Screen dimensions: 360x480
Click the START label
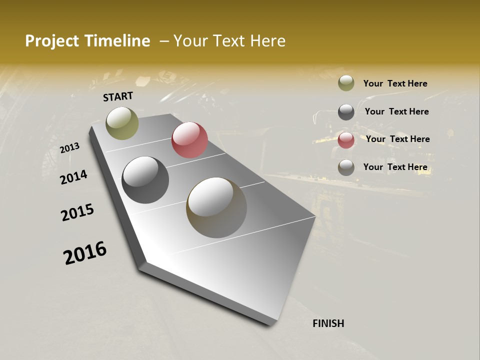(118, 96)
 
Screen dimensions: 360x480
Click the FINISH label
(328, 323)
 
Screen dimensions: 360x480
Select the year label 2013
(70, 148)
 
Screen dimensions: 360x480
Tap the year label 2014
(73, 177)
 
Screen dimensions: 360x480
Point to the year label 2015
(77, 212)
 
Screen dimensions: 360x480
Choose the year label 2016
(85, 253)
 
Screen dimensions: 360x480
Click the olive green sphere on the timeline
(122, 123)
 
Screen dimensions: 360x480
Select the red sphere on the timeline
(189, 140)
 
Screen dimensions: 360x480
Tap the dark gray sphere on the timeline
(145, 180)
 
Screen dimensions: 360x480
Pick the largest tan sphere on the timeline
(216, 207)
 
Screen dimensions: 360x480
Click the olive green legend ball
(346, 83)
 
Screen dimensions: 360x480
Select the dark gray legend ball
(346, 112)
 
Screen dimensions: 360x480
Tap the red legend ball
(346, 140)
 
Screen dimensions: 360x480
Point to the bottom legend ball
(346, 168)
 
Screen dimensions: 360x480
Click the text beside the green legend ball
(395, 83)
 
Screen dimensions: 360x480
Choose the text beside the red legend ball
(397, 139)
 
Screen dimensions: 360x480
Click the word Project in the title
(52, 41)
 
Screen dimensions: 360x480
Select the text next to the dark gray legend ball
(396, 111)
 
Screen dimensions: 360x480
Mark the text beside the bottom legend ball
(395, 167)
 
